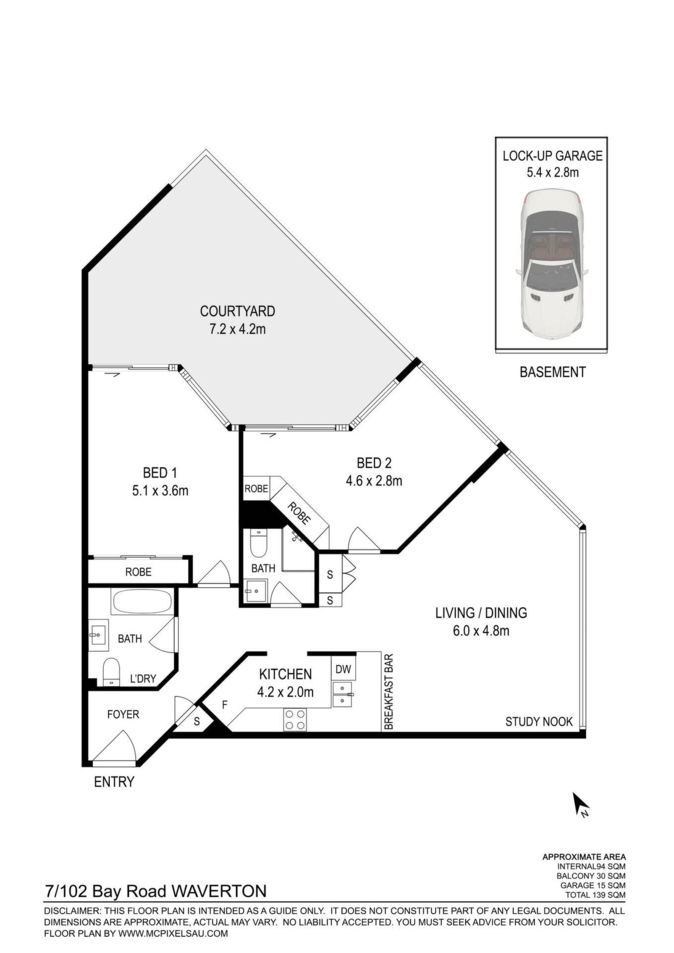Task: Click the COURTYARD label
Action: point(237,311)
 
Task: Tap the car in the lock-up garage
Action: point(551,264)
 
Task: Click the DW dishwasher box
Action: point(343,669)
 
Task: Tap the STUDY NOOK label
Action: point(539,722)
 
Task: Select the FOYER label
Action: point(123,714)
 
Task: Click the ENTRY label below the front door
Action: point(114,782)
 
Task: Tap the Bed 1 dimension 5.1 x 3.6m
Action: point(160,491)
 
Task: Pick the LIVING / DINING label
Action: point(481,613)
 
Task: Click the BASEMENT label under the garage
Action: point(553,372)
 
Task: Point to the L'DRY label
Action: point(143,679)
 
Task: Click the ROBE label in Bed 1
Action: point(138,572)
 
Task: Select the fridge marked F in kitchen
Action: point(225,704)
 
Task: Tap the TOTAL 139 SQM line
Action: point(595,895)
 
